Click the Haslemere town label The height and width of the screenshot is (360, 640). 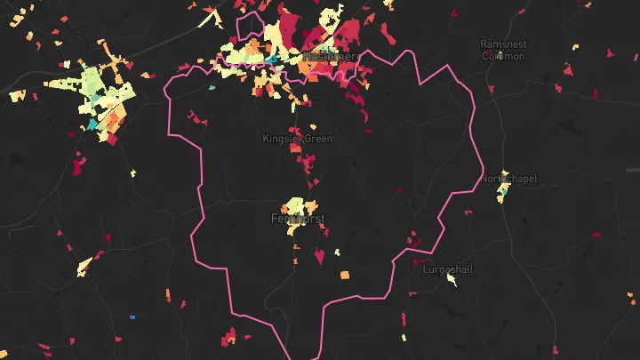pos(331,56)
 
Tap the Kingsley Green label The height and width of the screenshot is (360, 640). pos(297,139)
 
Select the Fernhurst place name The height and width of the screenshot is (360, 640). pos(298,218)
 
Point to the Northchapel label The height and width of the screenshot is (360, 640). pos(509,179)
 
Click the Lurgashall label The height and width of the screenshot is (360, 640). pos(449,268)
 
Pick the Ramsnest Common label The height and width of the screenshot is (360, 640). pos(503,49)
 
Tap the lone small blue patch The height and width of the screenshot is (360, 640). pos(132,316)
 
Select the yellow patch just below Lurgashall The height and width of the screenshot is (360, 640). pos(452,281)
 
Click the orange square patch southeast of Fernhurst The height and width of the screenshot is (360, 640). pos(345,275)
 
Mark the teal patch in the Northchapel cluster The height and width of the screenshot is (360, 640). pos(503,190)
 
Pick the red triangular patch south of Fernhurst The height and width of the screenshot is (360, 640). pos(319,257)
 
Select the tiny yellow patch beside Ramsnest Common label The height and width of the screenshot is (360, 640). pos(500,56)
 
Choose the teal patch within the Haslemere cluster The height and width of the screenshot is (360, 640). pos(271,60)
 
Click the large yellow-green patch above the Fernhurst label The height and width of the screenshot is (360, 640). pos(297,205)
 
